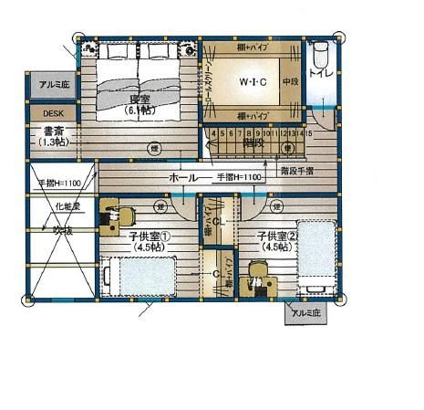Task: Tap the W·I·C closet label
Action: [x=253, y=83]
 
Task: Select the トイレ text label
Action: [x=320, y=72]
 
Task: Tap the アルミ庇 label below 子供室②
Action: [x=305, y=313]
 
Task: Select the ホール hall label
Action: [x=184, y=176]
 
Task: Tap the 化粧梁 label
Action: [x=67, y=207]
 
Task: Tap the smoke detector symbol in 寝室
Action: [x=155, y=146]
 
